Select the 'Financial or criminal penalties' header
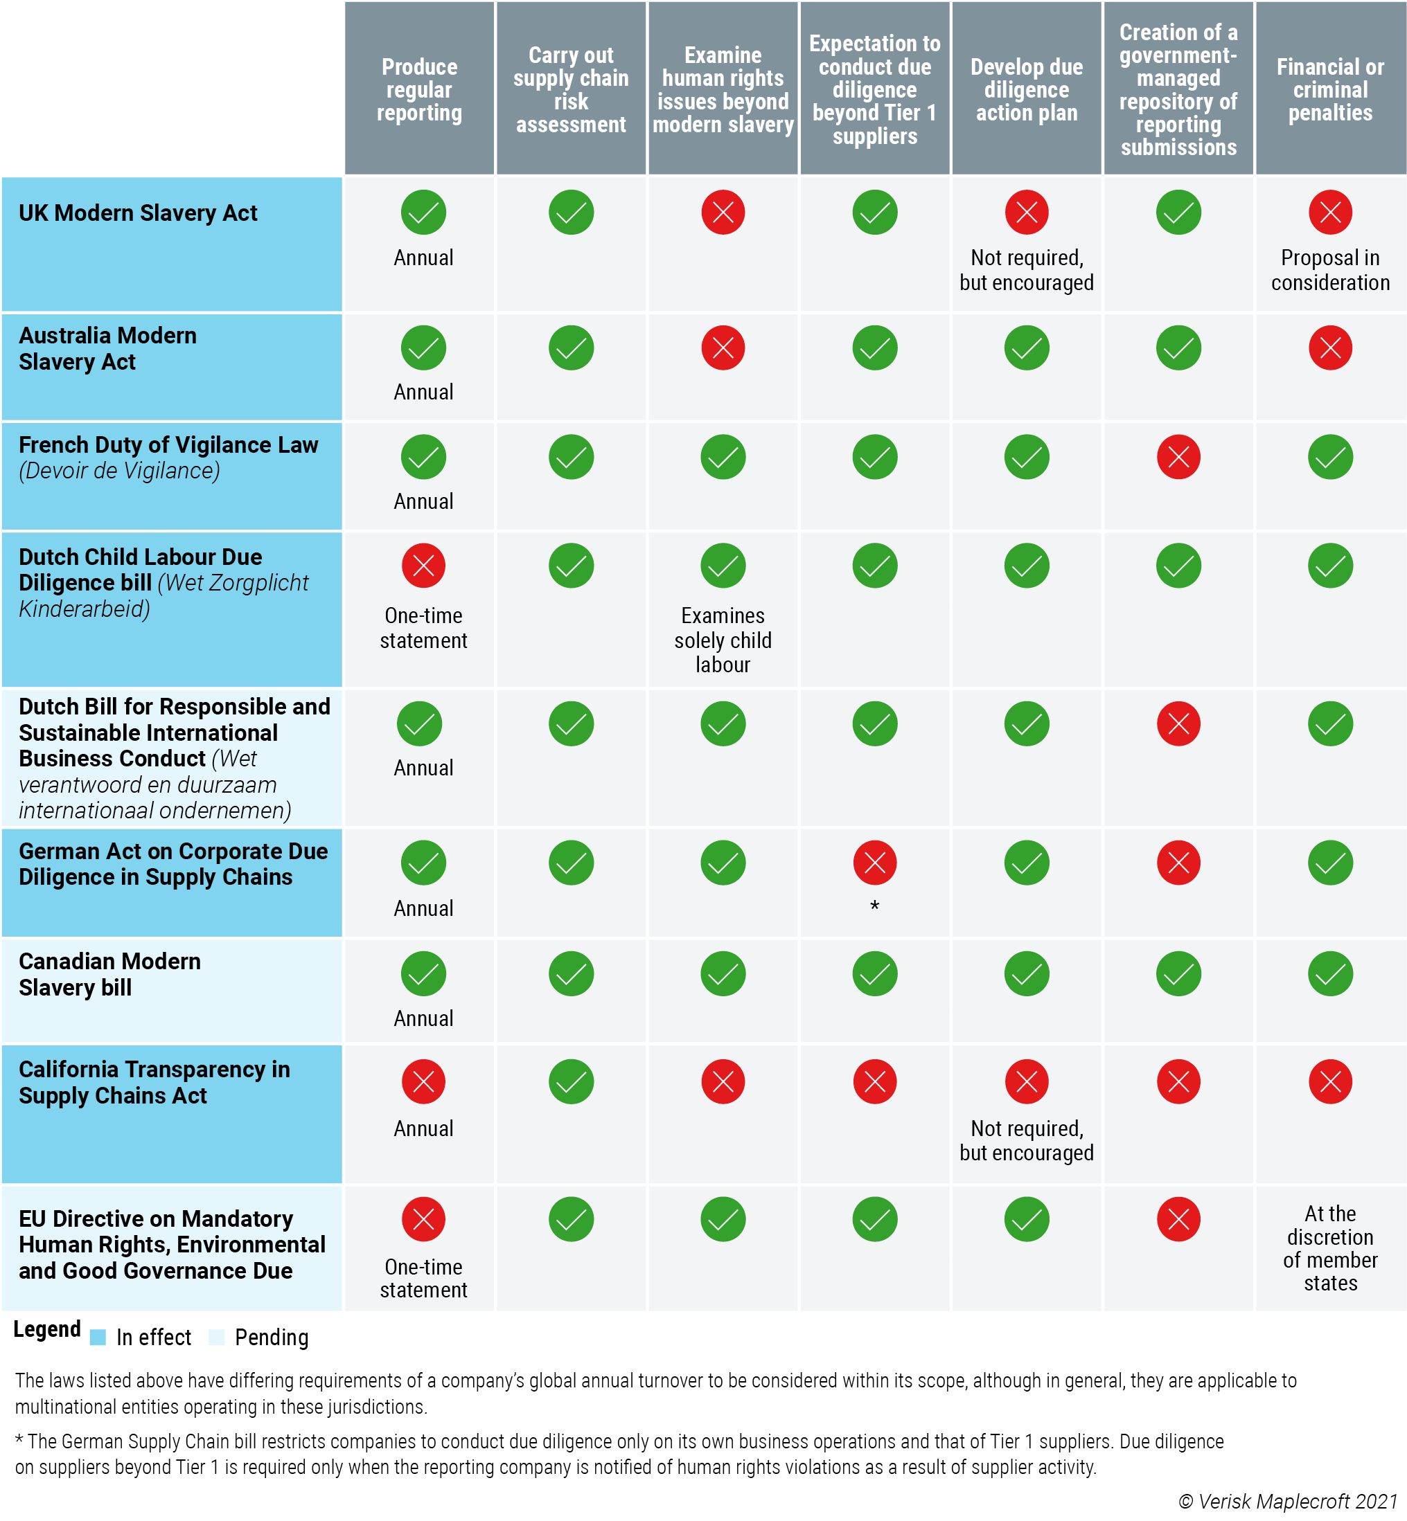coord(1329,90)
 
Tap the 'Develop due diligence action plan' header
coord(1025,90)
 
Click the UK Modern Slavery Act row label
coord(138,213)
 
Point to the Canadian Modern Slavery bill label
coord(109,974)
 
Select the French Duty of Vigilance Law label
coord(168,445)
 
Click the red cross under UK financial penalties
coord(1329,213)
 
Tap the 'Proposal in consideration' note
coord(1329,270)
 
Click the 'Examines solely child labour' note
coord(723,640)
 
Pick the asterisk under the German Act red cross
coord(875,906)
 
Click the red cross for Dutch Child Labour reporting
coord(423,566)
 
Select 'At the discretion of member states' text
coord(1329,1248)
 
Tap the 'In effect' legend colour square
coord(98,1338)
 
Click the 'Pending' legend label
coord(271,1338)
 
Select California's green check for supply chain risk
coord(571,1081)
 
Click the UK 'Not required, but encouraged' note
coord(1025,270)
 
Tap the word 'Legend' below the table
coord(47,1329)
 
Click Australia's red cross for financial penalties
coord(1329,348)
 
